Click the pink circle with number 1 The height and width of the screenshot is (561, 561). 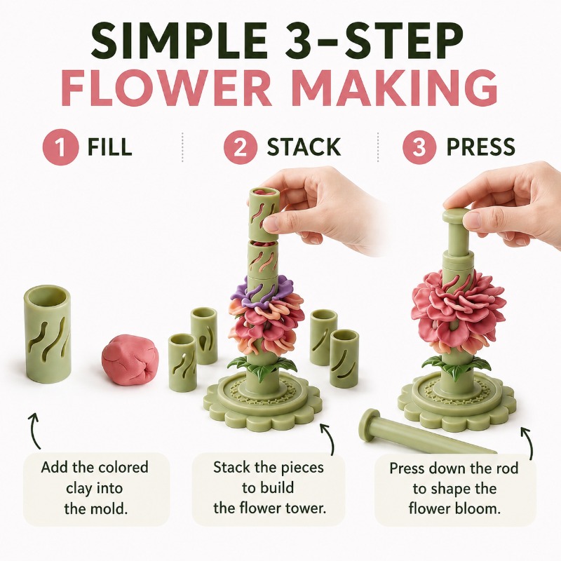60,147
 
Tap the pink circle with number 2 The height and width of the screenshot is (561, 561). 241,147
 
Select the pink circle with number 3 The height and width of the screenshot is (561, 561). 419,147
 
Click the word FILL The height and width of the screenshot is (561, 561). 110,147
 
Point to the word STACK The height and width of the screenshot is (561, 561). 304,147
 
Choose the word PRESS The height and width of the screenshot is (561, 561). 481,147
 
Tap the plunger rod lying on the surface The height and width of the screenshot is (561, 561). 426,432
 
